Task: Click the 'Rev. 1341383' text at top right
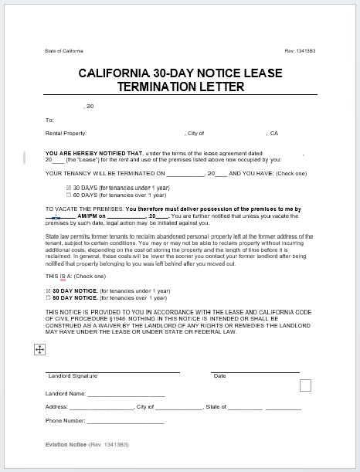click(300, 52)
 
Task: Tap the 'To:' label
click(49, 120)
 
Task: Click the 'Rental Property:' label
click(65, 134)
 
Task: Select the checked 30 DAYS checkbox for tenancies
click(48, 187)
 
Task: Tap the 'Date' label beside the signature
click(219, 376)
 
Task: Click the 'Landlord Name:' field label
click(64, 393)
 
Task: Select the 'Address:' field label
click(56, 407)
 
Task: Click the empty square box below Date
click(305, 385)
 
